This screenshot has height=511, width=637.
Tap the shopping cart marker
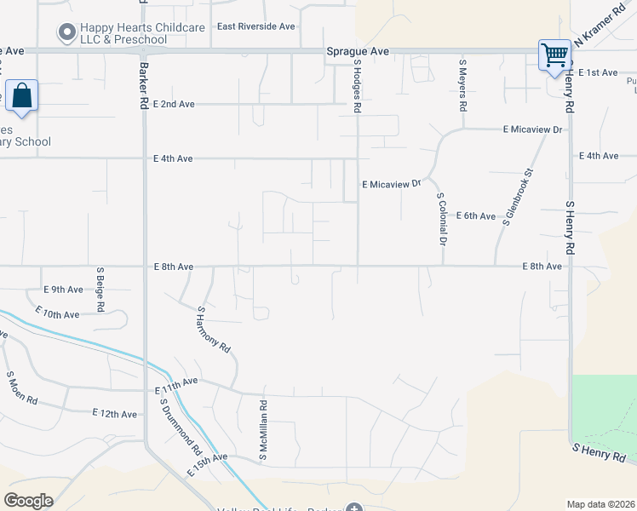[554, 56]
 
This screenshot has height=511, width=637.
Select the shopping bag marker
[21, 95]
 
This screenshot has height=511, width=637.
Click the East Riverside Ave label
[255, 26]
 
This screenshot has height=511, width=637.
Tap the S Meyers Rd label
[462, 86]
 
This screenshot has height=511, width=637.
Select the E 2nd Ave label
[174, 104]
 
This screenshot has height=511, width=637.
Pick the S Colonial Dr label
[441, 219]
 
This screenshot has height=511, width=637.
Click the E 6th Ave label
[476, 216]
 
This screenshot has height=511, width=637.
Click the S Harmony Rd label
[214, 330]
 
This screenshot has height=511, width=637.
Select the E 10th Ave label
[60, 314]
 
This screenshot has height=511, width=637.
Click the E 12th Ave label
[114, 414]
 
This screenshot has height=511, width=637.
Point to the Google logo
[29, 501]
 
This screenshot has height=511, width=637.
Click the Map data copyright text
[600, 504]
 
